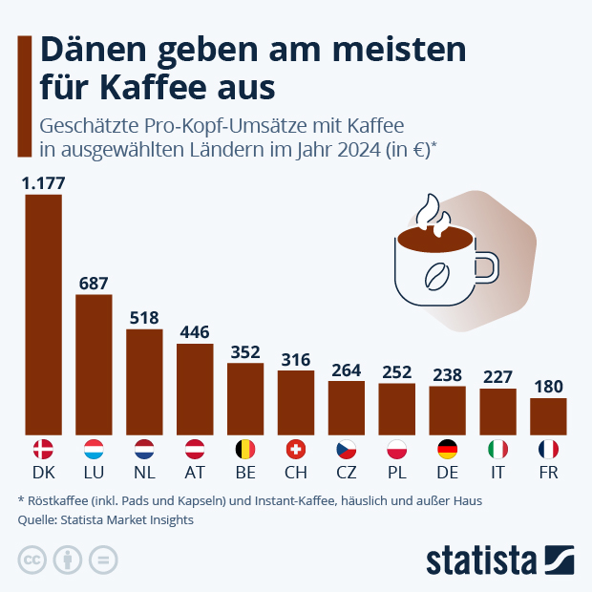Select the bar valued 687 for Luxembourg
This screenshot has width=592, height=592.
pyautogui.click(x=94, y=363)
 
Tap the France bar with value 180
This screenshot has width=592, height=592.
pyautogui.click(x=548, y=414)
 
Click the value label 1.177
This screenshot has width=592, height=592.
pyautogui.click(x=43, y=182)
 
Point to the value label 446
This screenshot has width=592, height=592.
pyautogui.click(x=195, y=331)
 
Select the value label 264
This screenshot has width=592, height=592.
pyautogui.click(x=347, y=370)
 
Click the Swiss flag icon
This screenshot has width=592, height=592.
pyautogui.click(x=296, y=449)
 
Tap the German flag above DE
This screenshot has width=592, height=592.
pyautogui.click(x=447, y=449)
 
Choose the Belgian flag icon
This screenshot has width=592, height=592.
pyautogui.click(x=245, y=449)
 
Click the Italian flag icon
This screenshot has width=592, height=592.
pyautogui.click(x=497, y=449)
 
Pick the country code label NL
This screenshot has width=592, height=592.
pyautogui.click(x=144, y=473)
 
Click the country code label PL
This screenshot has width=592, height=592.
pyautogui.click(x=396, y=473)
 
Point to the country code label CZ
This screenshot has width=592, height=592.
pyautogui.click(x=347, y=473)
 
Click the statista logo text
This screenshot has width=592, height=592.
pyautogui.click(x=481, y=559)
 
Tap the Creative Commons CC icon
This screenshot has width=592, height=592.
pyautogui.click(x=32, y=560)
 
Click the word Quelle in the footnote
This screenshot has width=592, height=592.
pyautogui.click(x=37, y=520)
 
